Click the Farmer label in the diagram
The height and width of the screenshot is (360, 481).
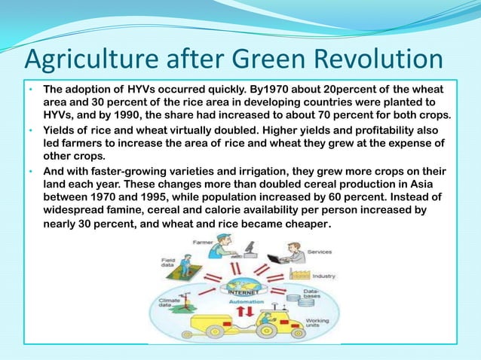click(x=202, y=243)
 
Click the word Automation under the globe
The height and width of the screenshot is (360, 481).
click(x=249, y=299)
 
